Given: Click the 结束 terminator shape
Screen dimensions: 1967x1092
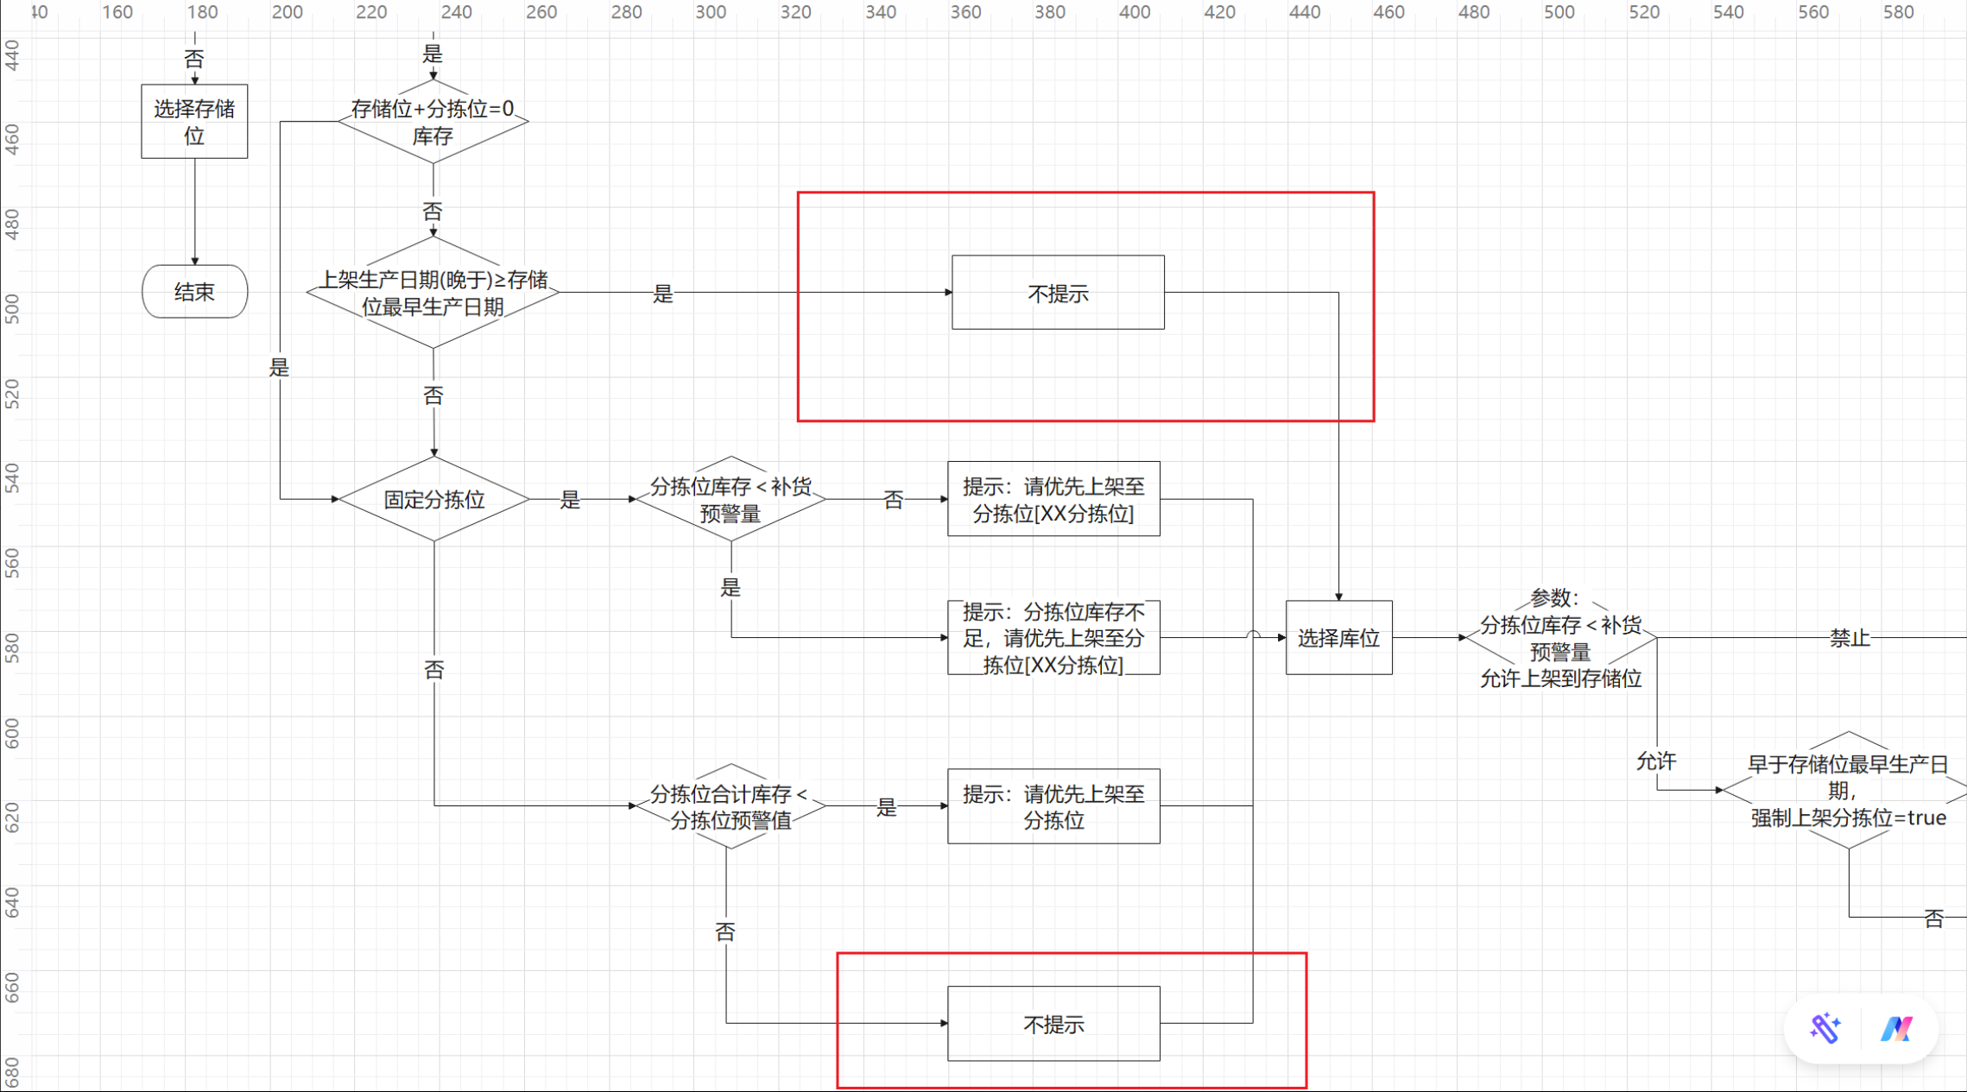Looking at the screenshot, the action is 194,292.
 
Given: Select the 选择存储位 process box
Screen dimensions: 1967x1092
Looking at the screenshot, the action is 194,122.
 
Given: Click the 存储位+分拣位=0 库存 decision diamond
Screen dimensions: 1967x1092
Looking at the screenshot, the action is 433,122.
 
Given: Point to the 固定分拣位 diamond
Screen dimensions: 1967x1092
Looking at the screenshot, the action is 433,499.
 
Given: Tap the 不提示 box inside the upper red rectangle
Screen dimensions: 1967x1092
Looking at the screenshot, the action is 1058,293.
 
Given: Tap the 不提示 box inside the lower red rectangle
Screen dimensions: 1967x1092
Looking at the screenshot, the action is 1053,1024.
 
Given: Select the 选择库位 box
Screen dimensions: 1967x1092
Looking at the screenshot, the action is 1338,638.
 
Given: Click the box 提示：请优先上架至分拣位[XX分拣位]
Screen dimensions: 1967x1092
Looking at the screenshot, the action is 1053,499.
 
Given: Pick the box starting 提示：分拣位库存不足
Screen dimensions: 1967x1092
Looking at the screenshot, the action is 1053,638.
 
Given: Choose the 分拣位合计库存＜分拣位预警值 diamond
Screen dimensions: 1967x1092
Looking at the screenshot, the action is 731,806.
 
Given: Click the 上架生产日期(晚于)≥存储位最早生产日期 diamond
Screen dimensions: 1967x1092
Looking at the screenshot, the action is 433,293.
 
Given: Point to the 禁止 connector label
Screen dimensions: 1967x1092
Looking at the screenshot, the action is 1850,638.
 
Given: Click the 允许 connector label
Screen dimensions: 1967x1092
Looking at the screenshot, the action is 1656,761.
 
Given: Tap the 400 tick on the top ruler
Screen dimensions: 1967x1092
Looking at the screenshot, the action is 1135,12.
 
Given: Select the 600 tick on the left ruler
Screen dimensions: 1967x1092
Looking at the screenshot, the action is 11,734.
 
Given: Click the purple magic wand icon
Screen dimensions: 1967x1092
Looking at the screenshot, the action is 1825,1028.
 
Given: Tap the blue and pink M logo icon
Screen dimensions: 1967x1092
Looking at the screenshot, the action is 1896,1029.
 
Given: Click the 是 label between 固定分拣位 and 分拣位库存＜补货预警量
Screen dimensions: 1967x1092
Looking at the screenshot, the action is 570,500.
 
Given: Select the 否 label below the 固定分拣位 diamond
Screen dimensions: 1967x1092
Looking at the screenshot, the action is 433,670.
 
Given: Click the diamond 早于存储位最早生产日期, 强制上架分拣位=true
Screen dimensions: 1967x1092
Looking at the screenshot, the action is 1848,790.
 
